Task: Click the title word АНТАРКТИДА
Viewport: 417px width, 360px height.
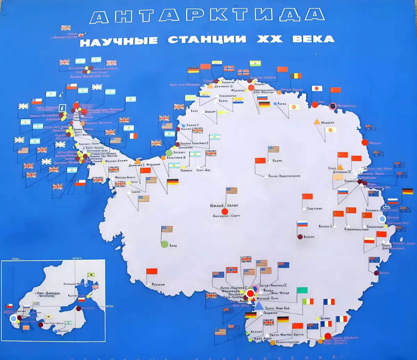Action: (207, 16)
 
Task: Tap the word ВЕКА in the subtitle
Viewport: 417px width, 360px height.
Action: (313, 39)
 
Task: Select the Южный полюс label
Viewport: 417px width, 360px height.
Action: (224, 205)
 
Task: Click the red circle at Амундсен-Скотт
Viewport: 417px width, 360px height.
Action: (225, 211)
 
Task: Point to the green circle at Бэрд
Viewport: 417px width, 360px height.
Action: (165, 244)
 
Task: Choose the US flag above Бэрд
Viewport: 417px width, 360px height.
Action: (167, 229)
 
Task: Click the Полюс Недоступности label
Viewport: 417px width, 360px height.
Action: (284, 176)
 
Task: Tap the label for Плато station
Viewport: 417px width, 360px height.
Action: (277, 161)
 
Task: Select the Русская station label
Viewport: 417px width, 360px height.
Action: (158, 285)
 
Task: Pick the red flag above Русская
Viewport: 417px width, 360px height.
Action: (152, 271)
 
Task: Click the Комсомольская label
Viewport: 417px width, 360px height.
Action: (356, 229)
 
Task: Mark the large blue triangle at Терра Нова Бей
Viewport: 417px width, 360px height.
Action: (259, 305)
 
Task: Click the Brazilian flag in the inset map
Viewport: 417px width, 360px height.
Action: (91, 275)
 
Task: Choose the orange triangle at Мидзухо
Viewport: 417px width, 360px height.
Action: (317, 122)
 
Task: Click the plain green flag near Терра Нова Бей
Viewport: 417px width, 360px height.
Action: (302, 290)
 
